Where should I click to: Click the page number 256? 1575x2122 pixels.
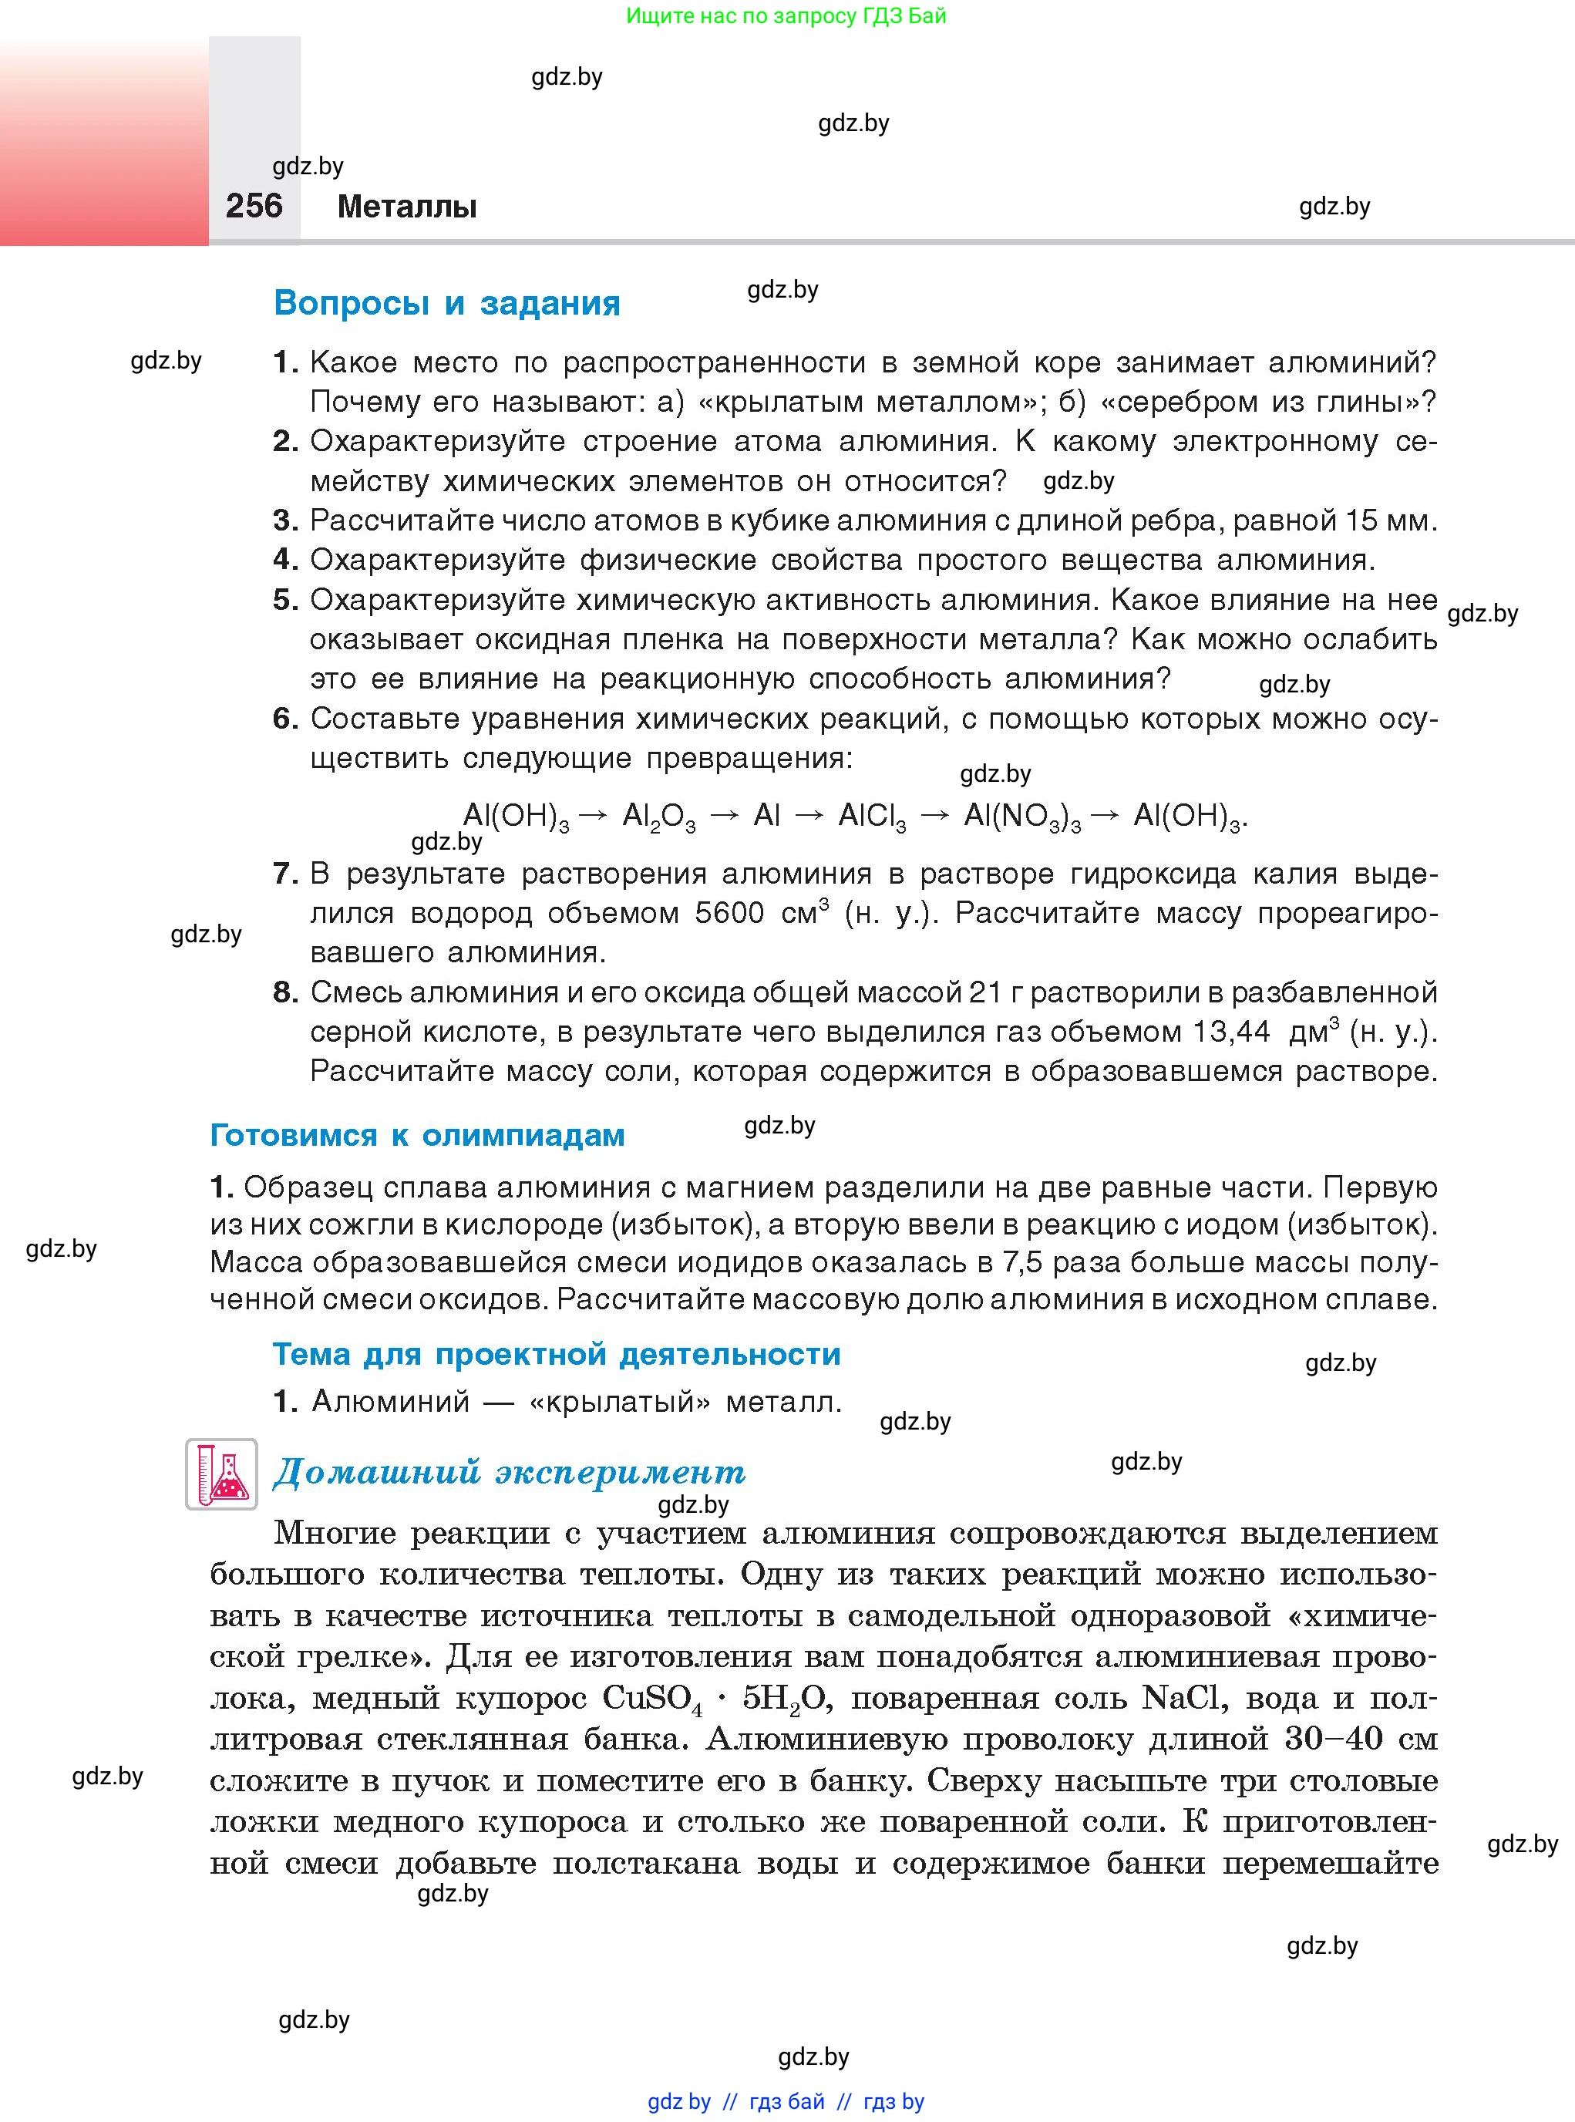pyautogui.click(x=254, y=205)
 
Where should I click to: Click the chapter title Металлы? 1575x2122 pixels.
pyautogui.click(x=407, y=206)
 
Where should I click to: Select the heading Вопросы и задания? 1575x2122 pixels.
pyautogui.click(x=446, y=303)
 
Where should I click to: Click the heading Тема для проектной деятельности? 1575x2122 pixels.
pyautogui.click(x=557, y=1353)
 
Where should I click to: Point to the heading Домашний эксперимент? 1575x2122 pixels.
pyautogui.click(x=509, y=1471)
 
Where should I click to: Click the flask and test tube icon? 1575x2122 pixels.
pyautogui.click(x=221, y=1474)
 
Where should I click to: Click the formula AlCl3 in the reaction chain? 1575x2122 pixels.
pyautogui.click(x=871, y=816)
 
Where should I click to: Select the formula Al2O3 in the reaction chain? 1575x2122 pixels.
pyautogui.click(x=658, y=816)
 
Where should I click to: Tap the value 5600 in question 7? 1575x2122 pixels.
pyautogui.click(x=729, y=913)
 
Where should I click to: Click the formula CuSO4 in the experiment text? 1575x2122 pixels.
pyautogui.click(x=652, y=1699)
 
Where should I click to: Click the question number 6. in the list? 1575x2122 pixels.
pyautogui.click(x=285, y=718)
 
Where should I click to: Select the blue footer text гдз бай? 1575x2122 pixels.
pyautogui.click(x=786, y=2101)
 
